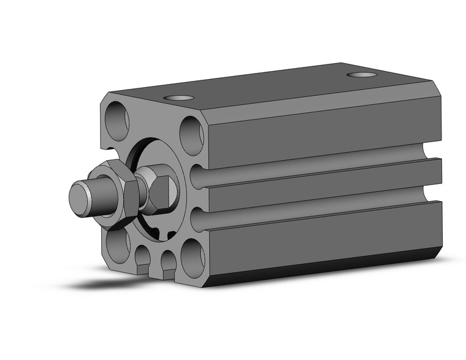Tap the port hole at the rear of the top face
pyautogui.click(x=362, y=75)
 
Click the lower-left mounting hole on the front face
pyautogui.click(x=117, y=244)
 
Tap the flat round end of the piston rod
pyautogui.click(x=79, y=197)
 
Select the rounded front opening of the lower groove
pyautogui.click(x=197, y=219)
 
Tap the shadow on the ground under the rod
pyautogui.click(x=104, y=283)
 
